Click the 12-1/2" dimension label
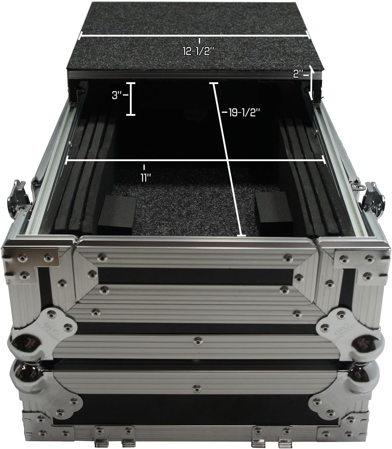(198, 51)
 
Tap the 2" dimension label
(298, 74)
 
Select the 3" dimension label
(117, 95)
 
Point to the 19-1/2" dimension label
(244, 112)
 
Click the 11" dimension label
(146, 177)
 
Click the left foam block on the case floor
(117, 215)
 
